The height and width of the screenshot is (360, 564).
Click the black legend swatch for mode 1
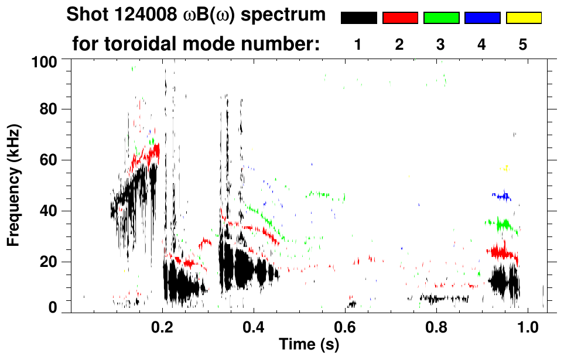click(358, 18)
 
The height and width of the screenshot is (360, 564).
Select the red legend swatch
click(400, 18)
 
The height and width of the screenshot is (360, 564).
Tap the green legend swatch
click(441, 18)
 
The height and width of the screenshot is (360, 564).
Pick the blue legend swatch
click(482, 18)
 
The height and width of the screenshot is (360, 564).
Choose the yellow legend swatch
click(523, 18)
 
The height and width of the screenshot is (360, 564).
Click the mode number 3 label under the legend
click(441, 44)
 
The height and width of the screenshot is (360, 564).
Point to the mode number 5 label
click(523, 44)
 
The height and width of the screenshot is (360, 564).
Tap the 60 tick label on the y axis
click(49, 160)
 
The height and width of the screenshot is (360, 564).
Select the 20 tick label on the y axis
click(49, 262)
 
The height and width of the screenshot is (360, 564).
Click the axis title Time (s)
click(309, 344)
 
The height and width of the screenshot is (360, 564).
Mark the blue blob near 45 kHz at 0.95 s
click(503, 196)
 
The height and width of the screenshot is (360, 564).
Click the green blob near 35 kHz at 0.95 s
click(503, 224)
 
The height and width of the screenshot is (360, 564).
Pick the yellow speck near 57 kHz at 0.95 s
click(504, 168)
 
